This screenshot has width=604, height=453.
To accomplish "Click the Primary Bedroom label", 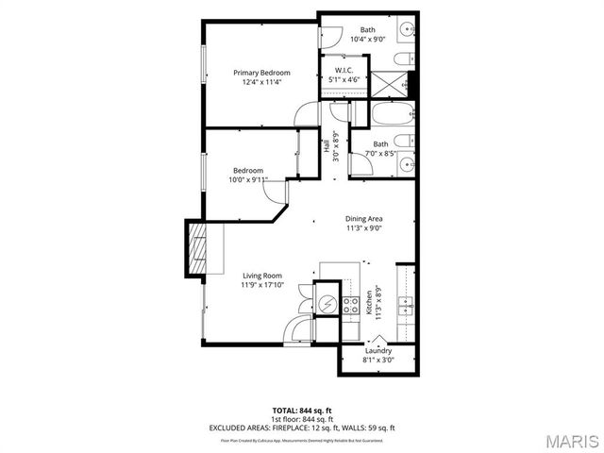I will coord(261,73).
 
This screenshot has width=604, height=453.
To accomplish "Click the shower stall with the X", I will coord(391,83).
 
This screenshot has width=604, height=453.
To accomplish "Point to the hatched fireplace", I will coord(195,248).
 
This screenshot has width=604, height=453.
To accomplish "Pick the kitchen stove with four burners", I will coord(349,304).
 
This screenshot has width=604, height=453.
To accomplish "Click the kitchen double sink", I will coord(406,307).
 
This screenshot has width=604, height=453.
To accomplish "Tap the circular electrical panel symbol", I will coord(327,305).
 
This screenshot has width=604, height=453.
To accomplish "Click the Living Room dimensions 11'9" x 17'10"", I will coord(261,285).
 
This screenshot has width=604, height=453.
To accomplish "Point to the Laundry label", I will coord(378,351).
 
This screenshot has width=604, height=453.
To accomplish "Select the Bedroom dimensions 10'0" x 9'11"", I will coord(248,179).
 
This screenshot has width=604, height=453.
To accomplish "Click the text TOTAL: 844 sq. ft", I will coord(302,411).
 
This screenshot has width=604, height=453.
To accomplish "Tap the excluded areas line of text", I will coord(302,428).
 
